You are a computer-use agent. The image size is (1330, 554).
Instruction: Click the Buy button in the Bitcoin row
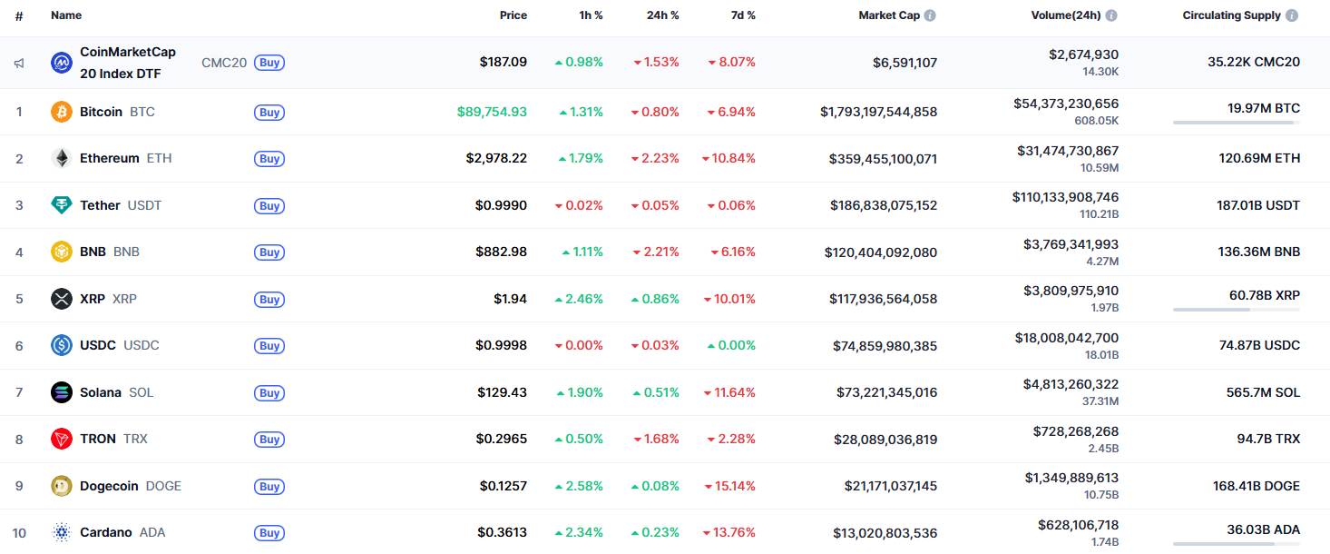(x=269, y=113)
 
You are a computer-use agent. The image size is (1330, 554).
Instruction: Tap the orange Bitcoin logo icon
(x=62, y=112)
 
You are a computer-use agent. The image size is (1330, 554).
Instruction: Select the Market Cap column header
(x=889, y=15)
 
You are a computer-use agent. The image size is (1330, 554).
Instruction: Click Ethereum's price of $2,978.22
(x=496, y=158)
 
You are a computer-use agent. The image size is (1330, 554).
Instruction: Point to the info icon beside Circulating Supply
(x=1292, y=15)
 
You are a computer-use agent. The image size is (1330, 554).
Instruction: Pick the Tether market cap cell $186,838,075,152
(x=883, y=205)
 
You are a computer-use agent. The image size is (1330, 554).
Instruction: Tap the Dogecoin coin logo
(x=62, y=486)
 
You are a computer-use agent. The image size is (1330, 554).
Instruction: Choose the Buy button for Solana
(x=269, y=393)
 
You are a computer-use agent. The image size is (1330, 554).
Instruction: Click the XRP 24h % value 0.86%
(x=655, y=299)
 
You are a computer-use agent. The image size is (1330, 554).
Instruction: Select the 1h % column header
(x=591, y=15)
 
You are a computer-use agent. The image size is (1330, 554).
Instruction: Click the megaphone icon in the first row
(x=19, y=63)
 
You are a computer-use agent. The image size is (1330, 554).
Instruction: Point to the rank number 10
(x=19, y=532)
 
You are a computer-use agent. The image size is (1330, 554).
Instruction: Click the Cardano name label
(x=105, y=532)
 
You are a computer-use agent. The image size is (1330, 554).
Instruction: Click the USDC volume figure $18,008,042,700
(x=1066, y=338)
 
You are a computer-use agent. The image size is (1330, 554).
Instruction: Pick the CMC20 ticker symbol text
(x=223, y=63)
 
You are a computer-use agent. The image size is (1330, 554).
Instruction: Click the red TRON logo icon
(x=62, y=439)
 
